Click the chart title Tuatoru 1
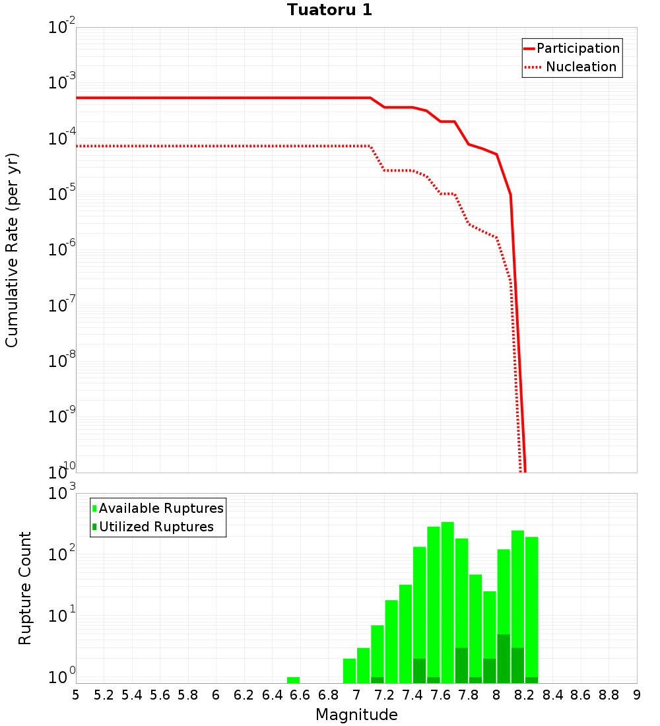click(329, 10)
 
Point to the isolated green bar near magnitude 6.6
click(293, 680)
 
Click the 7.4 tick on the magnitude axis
click(412, 695)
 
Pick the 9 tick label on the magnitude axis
click(636, 695)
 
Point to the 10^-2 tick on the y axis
click(62, 28)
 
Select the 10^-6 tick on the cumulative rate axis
click(62, 251)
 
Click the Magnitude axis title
click(356, 715)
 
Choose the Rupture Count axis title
click(25, 587)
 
